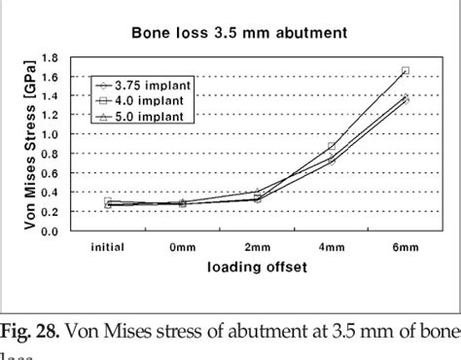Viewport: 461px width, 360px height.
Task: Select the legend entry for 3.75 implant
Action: click(x=156, y=87)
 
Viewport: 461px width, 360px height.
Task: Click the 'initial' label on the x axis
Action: click(x=108, y=247)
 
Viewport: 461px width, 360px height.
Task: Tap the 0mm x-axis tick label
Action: click(x=183, y=247)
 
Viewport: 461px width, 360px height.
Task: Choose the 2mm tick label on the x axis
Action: click(x=257, y=247)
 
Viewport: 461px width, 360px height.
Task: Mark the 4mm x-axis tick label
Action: click(x=332, y=247)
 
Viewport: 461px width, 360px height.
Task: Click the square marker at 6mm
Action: click(x=406, y=70)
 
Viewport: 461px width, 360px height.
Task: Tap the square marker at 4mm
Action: click(x=332, y=146)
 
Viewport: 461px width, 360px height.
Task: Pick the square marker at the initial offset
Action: click(x=108, y=202)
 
